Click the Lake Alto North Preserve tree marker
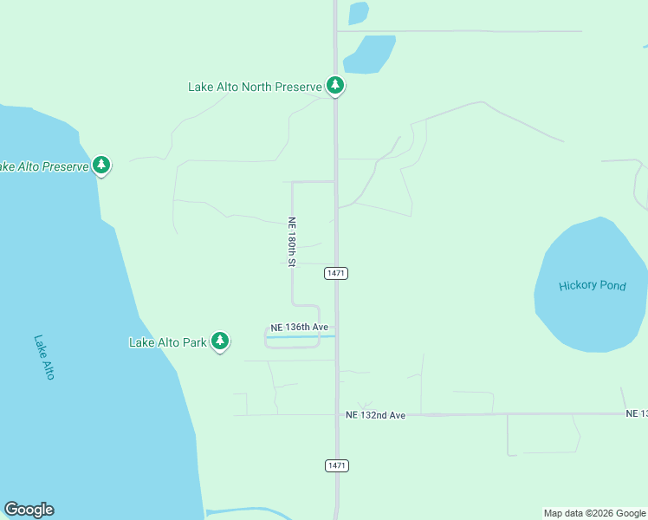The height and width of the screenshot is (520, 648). pyautogui.click(x=335, y=86)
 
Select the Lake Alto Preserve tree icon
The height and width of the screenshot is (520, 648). pyautogui.click(x=101, y=165)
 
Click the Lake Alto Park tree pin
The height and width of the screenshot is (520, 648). pyautogui.click(x=221, y=341)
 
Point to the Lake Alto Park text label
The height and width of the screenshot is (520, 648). pyautogui.click(x=168, y=342)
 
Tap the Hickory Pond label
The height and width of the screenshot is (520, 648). pyautogui.click(x=592, y=286)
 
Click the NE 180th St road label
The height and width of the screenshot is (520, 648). pyautogui.click(x=293, y=241)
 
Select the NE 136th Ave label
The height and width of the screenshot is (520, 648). pyautogui.click(x=299, y=327)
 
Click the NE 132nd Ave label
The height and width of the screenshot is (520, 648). pyautogui.click(x=375, y=415)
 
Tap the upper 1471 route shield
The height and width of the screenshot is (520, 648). pyautogui.click(x=336, y=273)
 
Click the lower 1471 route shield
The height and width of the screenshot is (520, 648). pyautogui.click(x=337, y=465)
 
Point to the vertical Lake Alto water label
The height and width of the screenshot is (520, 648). pyautogui.click(x=44, y=357)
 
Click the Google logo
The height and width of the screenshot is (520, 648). pyautogui.click(x=29, y=510)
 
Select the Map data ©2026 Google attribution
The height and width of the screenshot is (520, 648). pyautogui.click(x=594, y=513)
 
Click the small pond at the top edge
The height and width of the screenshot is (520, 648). pyautogui.click(x=358, y=13)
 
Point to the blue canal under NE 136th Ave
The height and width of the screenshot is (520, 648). pyautogui.click(x=299, y=337)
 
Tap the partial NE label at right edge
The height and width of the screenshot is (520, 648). pyautogui.click(x=637, y=414)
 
